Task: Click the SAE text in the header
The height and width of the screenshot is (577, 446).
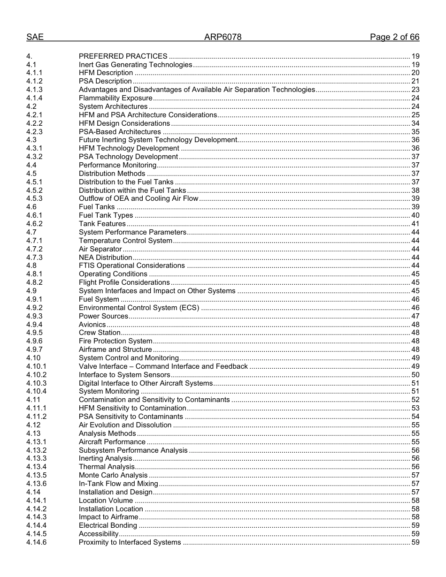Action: point(35,37)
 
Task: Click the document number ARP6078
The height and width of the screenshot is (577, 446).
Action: point(223,37)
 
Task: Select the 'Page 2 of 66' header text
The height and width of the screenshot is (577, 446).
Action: point(394,37)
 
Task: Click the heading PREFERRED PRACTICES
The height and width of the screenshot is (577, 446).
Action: point(123,56)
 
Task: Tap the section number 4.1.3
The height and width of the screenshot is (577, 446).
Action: point(34,90)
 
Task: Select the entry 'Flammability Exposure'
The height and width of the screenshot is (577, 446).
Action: point(115,98)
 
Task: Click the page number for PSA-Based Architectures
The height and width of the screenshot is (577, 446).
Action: point(415,132)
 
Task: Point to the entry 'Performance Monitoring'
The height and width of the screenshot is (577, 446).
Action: point(117,165)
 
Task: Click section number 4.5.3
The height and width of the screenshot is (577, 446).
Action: point(34,198)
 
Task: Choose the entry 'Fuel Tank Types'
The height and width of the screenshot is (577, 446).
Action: point(106,215)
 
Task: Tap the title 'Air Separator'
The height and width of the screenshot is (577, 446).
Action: point(100,249)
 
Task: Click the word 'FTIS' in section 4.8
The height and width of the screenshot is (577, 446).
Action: point(87,266)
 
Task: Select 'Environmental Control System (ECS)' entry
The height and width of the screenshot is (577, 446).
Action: point(139,308)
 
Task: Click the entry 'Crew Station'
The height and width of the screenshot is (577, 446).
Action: point(100,333)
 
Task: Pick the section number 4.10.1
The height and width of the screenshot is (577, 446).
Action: point(36,366)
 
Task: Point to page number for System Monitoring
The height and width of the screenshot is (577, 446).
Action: point(415,391)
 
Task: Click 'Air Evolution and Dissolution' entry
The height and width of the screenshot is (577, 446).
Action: point(125,425)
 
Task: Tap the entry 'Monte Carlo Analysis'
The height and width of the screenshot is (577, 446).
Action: point(113,475)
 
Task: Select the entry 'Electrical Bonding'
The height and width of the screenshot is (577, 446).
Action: point(108,525)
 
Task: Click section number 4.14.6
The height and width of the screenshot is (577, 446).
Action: point(36,542)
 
